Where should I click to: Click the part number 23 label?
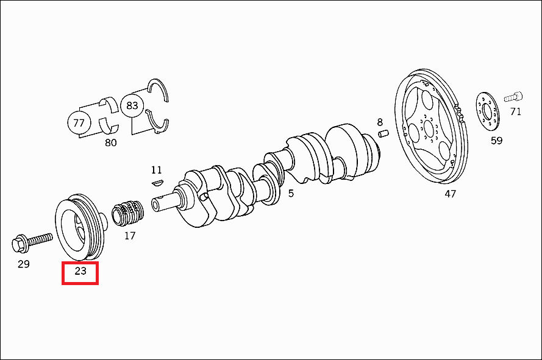pos(80,271)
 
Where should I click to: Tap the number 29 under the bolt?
pos(24,264)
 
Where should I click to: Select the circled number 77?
pos(79,122)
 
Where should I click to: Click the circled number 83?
pos(132,105)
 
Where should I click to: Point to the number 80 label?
pos(110,143)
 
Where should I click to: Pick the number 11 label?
pos(156,170)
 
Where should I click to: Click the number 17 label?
pos(130,236)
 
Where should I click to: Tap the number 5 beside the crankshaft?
pos(291,194)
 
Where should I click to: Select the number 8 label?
pos(380,122)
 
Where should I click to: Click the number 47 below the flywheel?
pos(450,194)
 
